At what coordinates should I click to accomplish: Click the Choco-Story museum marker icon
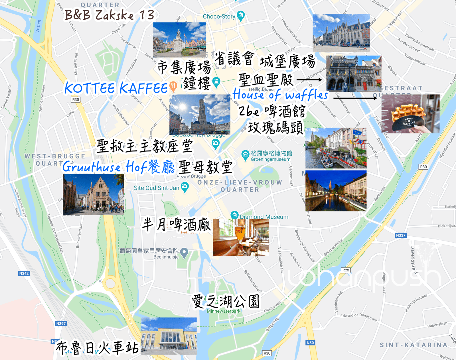pos(241,15)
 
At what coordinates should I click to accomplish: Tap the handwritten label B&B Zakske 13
pos(110,15)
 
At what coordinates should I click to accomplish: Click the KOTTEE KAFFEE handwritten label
pos(116,88)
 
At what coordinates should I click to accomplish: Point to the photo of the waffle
pos(410,114)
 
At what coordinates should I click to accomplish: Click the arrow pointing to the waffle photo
pos(355,98)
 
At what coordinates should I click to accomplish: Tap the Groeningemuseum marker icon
pos(245,155)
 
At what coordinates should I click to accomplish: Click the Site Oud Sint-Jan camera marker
pos(185,187)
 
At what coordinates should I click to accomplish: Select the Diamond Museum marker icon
pos(234,215)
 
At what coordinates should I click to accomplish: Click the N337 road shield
pos(401,235)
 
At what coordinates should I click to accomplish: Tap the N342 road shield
pos(24,273)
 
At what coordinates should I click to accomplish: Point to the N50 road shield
pos(310,343)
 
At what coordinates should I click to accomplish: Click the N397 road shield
pos(61,324)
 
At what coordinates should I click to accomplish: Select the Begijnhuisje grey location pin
pos(184,252)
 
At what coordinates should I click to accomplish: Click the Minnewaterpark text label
pos(224,311)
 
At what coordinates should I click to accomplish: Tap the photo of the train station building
pos(169,336)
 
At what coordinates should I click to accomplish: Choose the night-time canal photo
pos(336,191)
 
